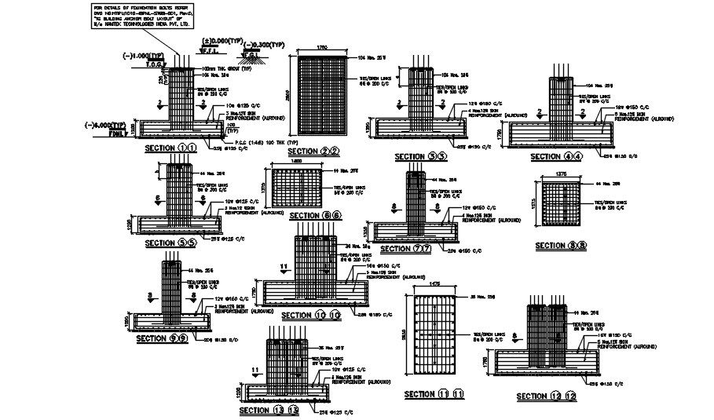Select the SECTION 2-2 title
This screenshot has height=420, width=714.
pyautogui.click(x=313, y=152)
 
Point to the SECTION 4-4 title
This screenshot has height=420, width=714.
pyautogui.click(x=557, y=157)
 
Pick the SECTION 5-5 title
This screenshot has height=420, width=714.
pyautogui.click(x=170, y=243)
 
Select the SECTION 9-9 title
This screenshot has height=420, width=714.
pyautogui.click(x=161, y=338)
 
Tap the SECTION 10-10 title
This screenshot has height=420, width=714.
pyautogui.click(x=311, y=316)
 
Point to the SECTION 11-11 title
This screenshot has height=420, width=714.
pyautogui.click(x=434, y=393)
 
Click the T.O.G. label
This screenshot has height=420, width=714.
pyautogui.click(x=153, y=64)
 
